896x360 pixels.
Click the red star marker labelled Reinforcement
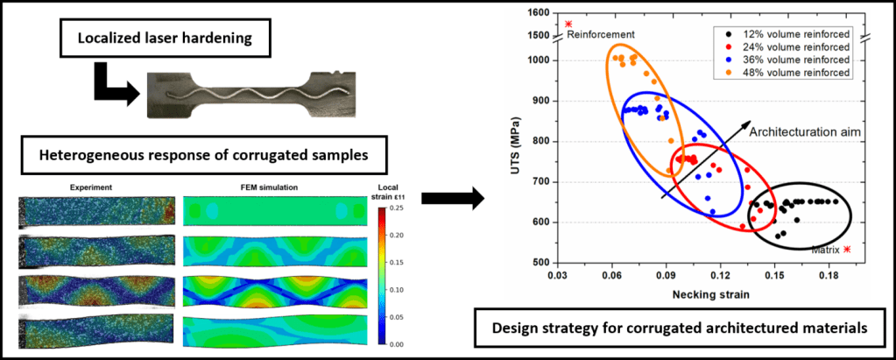coord(568,24)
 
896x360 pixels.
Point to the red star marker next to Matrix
coord(846,249)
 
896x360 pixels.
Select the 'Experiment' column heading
coord(89,187)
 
